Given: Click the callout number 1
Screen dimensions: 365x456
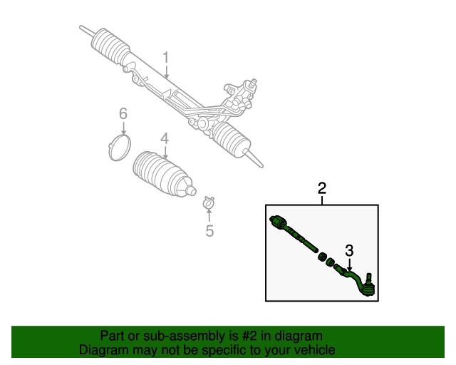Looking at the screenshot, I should [165, 58].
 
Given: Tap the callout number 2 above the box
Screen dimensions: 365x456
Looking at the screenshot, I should [322, 188].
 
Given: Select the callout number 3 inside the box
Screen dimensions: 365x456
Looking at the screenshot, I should [349, 250].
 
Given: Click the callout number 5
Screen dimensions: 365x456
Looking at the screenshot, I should [209, 230].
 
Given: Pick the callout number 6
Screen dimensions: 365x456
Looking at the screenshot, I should [123, 114].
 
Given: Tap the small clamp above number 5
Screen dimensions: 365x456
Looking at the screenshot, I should [209, 203].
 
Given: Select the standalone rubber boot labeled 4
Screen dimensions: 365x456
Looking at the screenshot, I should [163, 175].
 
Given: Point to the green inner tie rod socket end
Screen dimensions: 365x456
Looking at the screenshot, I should [279, 223].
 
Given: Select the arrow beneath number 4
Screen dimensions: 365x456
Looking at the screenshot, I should [165, 152].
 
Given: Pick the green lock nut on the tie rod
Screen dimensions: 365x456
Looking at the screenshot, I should [321, 256].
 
